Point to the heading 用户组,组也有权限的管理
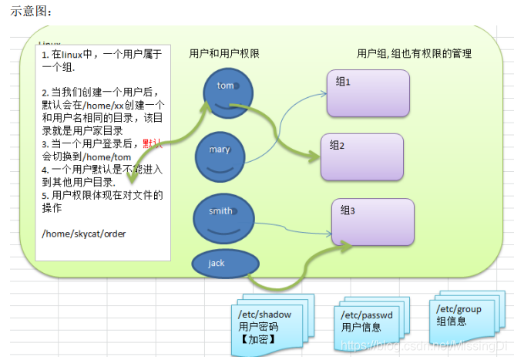414,54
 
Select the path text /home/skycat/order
84,234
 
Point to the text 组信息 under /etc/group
453,321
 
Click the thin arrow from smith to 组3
293,227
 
